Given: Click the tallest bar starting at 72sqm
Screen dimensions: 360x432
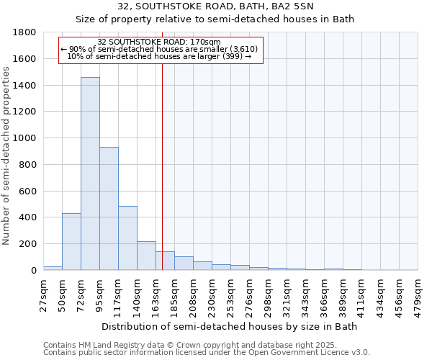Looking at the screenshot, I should click(90, 174).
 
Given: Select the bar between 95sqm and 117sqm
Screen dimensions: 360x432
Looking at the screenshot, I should click(109, 209).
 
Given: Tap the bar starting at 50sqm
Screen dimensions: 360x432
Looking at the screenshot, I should click(71, 242).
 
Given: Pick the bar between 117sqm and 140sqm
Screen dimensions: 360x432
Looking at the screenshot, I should click(127, 238).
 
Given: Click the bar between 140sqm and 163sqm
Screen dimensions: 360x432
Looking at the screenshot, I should click(146, 256).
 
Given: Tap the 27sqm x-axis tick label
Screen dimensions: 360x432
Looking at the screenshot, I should click(44, 292).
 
